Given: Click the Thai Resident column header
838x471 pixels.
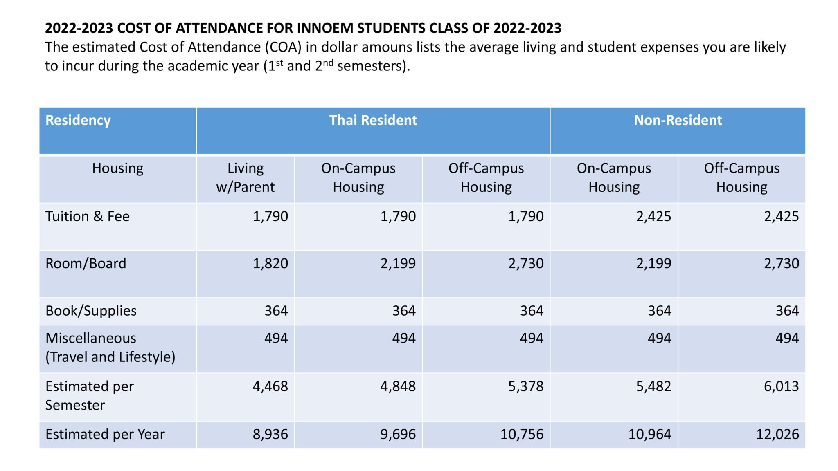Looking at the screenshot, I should [x=373, y=120].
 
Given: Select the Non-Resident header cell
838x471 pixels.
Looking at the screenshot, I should [x=678, y=120].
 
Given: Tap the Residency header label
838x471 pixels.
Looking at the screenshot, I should [x=78, y=120].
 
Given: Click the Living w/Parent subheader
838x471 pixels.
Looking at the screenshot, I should [x=245, y=177].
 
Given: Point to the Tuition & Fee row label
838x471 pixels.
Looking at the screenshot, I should [x=87, y=216].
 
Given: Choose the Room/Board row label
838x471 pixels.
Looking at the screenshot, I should [x=86, y=263].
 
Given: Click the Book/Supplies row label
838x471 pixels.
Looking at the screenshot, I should [x=91, y=311].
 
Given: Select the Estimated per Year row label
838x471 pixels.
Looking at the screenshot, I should [x=105, y=434].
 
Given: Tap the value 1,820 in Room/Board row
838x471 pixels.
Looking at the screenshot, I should [x=270, y=263].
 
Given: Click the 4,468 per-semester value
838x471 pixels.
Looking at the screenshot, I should [x=270, y=386].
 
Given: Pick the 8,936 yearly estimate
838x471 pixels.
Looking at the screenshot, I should [x=270, y=434].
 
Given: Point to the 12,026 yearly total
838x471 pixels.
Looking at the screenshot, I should [x=777, y=434].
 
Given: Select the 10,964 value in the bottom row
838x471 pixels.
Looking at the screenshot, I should [x=649, y=434].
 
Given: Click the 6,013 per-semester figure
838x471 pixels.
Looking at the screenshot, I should [x=781, y=386].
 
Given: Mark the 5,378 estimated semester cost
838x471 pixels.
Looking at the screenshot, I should [x=526, y=386].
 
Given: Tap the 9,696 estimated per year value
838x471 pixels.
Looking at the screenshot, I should [x=398, y=434].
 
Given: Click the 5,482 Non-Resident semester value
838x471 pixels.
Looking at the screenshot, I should [x=653, y=386].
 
